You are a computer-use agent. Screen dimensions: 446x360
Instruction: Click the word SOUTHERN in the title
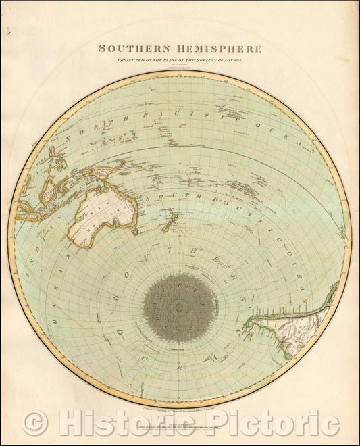131,49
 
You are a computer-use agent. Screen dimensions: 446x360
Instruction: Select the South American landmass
297,324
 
